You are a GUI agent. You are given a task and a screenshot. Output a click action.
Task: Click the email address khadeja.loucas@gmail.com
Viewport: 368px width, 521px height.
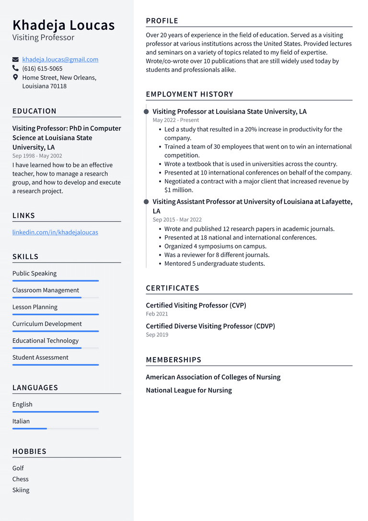tap(60, 59)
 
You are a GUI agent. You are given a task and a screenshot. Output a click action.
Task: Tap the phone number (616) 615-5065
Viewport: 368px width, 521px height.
tap(42, 69)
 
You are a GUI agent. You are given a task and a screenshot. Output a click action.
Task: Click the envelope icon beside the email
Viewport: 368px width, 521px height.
tap(15, 59)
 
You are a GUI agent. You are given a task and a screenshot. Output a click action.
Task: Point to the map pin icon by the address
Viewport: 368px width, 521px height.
tap(15, 77)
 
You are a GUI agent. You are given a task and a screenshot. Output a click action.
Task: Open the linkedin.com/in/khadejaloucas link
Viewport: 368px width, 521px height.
tap(55, 232)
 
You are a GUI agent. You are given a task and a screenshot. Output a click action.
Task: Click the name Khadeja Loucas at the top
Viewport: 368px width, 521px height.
tap(63, 25)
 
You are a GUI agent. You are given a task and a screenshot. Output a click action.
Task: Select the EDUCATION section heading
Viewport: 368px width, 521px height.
tap(34, 111)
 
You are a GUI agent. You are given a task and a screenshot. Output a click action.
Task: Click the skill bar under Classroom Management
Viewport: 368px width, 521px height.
tap(55, 297)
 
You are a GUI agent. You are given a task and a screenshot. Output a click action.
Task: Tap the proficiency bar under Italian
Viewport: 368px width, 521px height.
tap(55, 428)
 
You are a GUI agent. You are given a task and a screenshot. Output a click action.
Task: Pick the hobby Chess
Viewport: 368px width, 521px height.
tap(21, 479)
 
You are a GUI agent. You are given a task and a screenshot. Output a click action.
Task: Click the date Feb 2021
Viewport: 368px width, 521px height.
tap(157, 314)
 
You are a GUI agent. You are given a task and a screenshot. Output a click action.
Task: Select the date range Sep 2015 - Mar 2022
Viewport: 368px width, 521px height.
tap(177, 220)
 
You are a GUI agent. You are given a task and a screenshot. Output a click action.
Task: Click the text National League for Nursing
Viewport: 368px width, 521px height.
tap(189, 390)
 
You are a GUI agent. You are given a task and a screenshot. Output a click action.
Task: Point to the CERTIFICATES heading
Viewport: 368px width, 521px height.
tap(172, 288)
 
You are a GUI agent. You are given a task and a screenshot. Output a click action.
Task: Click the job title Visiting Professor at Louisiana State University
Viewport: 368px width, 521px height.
tap(230, 111)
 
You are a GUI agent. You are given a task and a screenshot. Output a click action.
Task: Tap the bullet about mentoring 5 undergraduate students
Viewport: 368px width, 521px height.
tap(214, 263)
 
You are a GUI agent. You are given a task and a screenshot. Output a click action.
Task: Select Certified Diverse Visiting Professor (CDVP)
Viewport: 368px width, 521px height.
tap(210, 326)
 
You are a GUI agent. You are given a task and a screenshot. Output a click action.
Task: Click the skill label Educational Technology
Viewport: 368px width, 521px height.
tap(46, 341)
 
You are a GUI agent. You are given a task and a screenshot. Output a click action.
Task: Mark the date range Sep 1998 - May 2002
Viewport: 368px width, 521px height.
tap(37, 156)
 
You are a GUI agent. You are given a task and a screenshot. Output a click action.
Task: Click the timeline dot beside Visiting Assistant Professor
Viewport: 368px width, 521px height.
tap(146, 202)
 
